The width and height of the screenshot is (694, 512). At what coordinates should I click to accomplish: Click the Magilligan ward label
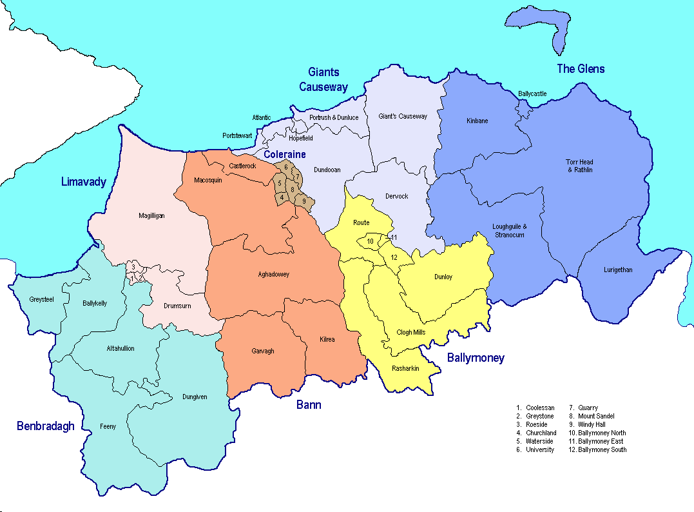152,216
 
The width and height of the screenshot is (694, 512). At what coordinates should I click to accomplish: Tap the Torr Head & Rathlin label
579,166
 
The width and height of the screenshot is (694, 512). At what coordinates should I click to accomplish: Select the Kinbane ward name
477,121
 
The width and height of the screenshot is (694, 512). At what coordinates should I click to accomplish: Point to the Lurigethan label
618,270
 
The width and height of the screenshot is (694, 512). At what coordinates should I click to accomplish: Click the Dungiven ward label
195,397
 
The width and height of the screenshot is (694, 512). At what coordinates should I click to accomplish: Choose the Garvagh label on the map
262,351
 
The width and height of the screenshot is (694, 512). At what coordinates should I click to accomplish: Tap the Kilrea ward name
327,339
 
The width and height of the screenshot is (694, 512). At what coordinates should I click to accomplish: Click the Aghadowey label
273,275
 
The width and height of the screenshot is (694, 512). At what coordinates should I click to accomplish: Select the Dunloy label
443,277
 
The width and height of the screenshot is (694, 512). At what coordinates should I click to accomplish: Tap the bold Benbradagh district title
46,426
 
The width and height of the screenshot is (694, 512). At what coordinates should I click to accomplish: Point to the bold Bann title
309,405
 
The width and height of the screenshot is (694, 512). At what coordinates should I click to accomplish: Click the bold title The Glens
581,69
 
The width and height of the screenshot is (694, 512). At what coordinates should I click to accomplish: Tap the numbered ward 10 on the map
370,242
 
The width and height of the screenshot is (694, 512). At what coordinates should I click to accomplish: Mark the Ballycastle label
532,94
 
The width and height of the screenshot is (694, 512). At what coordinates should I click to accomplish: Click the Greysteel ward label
42,299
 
